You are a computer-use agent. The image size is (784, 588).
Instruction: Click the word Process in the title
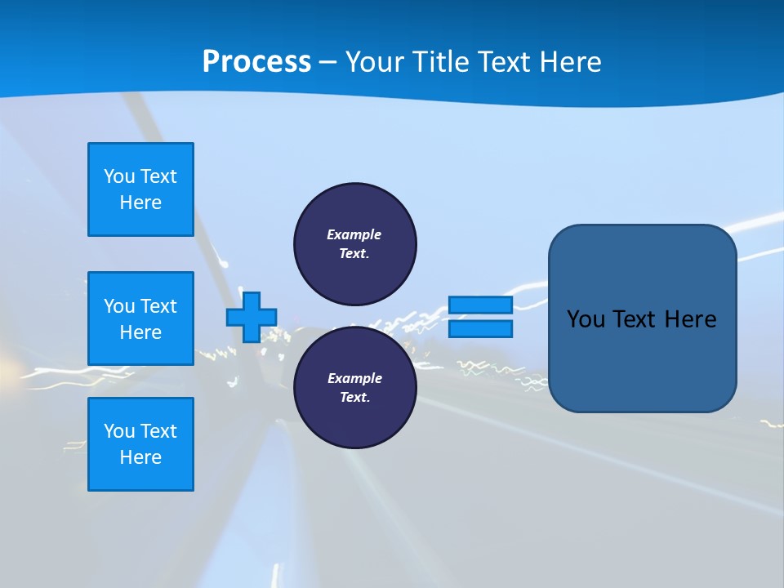click(256, 62)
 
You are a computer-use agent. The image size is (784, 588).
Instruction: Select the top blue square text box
click(140, 189)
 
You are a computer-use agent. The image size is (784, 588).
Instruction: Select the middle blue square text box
click(140, 318)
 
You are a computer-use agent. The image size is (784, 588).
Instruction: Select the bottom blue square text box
click(140, 444)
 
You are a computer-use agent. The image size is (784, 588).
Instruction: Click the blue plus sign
click(252, 317)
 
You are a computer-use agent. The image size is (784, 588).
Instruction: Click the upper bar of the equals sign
click(480, 305)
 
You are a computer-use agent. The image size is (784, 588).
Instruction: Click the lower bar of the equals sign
click(480, 329)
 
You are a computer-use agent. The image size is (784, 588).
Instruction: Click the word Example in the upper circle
click(354, 234)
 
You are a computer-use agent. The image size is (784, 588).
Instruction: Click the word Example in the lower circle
click(354, 378)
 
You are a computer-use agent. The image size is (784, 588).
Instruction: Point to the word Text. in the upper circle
click(354, 253)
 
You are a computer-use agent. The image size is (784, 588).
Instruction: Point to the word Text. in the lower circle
click(354, 398)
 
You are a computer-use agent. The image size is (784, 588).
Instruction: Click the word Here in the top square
click(140, 203)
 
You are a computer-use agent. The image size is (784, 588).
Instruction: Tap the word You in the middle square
click(119, 306)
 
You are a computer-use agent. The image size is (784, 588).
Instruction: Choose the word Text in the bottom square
click(158, 431)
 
